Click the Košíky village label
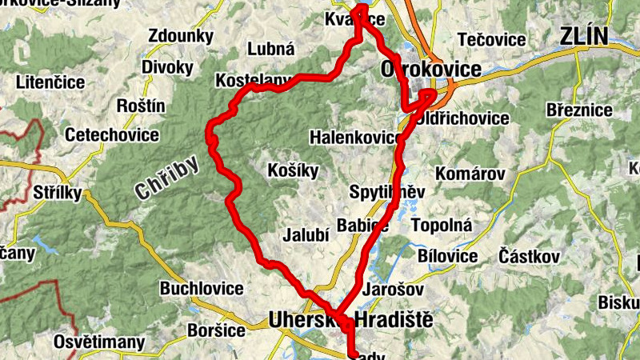click(293, 170)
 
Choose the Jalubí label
click(305, 235)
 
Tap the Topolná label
click(441, 226)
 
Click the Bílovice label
click(448, 256)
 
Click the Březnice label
click(578, 109)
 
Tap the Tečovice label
click(491, 39)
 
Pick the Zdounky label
click(181, 36)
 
